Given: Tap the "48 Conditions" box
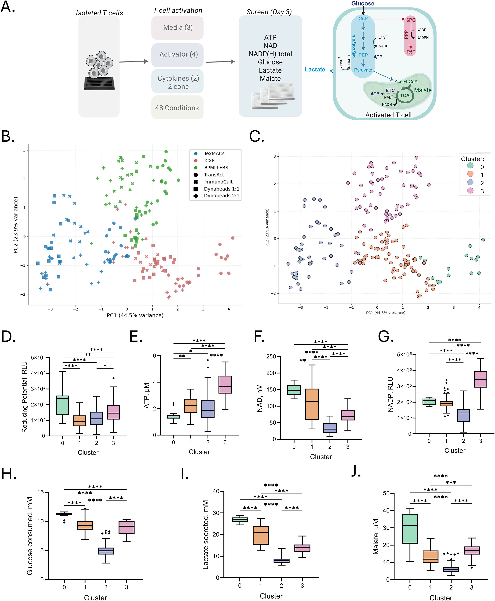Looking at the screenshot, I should (x=177, y=108).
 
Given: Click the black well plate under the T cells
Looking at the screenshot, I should (x=99, y=83).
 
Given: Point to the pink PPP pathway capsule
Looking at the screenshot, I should (x=410, y=36).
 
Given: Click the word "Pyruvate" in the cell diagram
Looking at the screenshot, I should (x=363, y=70).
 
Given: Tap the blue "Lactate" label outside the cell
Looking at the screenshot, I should (x=315, y=70).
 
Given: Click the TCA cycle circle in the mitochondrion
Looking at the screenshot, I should (x=405, y=96).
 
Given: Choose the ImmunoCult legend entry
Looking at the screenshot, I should (x=218, y=182).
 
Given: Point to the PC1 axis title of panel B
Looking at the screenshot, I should (x=135, y=315).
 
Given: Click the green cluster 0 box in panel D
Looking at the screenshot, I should (x=63, y=405).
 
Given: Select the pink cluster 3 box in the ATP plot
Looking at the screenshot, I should (x=225, y=385).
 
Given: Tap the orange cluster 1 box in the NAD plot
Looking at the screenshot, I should (x=312, y=404).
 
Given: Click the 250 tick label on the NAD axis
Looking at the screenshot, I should (x=271, y=357).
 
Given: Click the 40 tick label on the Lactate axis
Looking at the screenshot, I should (x=216, y=491).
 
